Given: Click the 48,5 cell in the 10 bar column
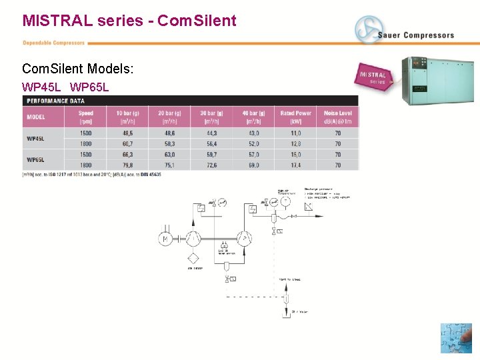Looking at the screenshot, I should [123, 134].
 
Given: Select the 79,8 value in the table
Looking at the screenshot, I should [123, 165].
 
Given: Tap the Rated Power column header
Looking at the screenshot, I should [295, 117].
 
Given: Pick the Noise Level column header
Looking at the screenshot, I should [337, 117].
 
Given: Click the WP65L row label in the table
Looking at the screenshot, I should [35, 160].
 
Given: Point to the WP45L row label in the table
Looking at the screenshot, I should [35, 139].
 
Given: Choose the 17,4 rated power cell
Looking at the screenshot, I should [295, 165].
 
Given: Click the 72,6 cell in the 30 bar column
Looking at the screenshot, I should [211, 165].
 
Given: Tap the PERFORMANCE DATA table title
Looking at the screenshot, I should [56, 101].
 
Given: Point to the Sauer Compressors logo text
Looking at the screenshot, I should [415, 35].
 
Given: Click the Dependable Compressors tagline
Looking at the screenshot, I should [53, 43].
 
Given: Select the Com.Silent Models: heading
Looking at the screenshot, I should [77, 69].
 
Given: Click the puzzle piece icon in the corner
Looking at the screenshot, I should [456, 338].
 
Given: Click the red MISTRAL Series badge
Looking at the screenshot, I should [374, 77].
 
